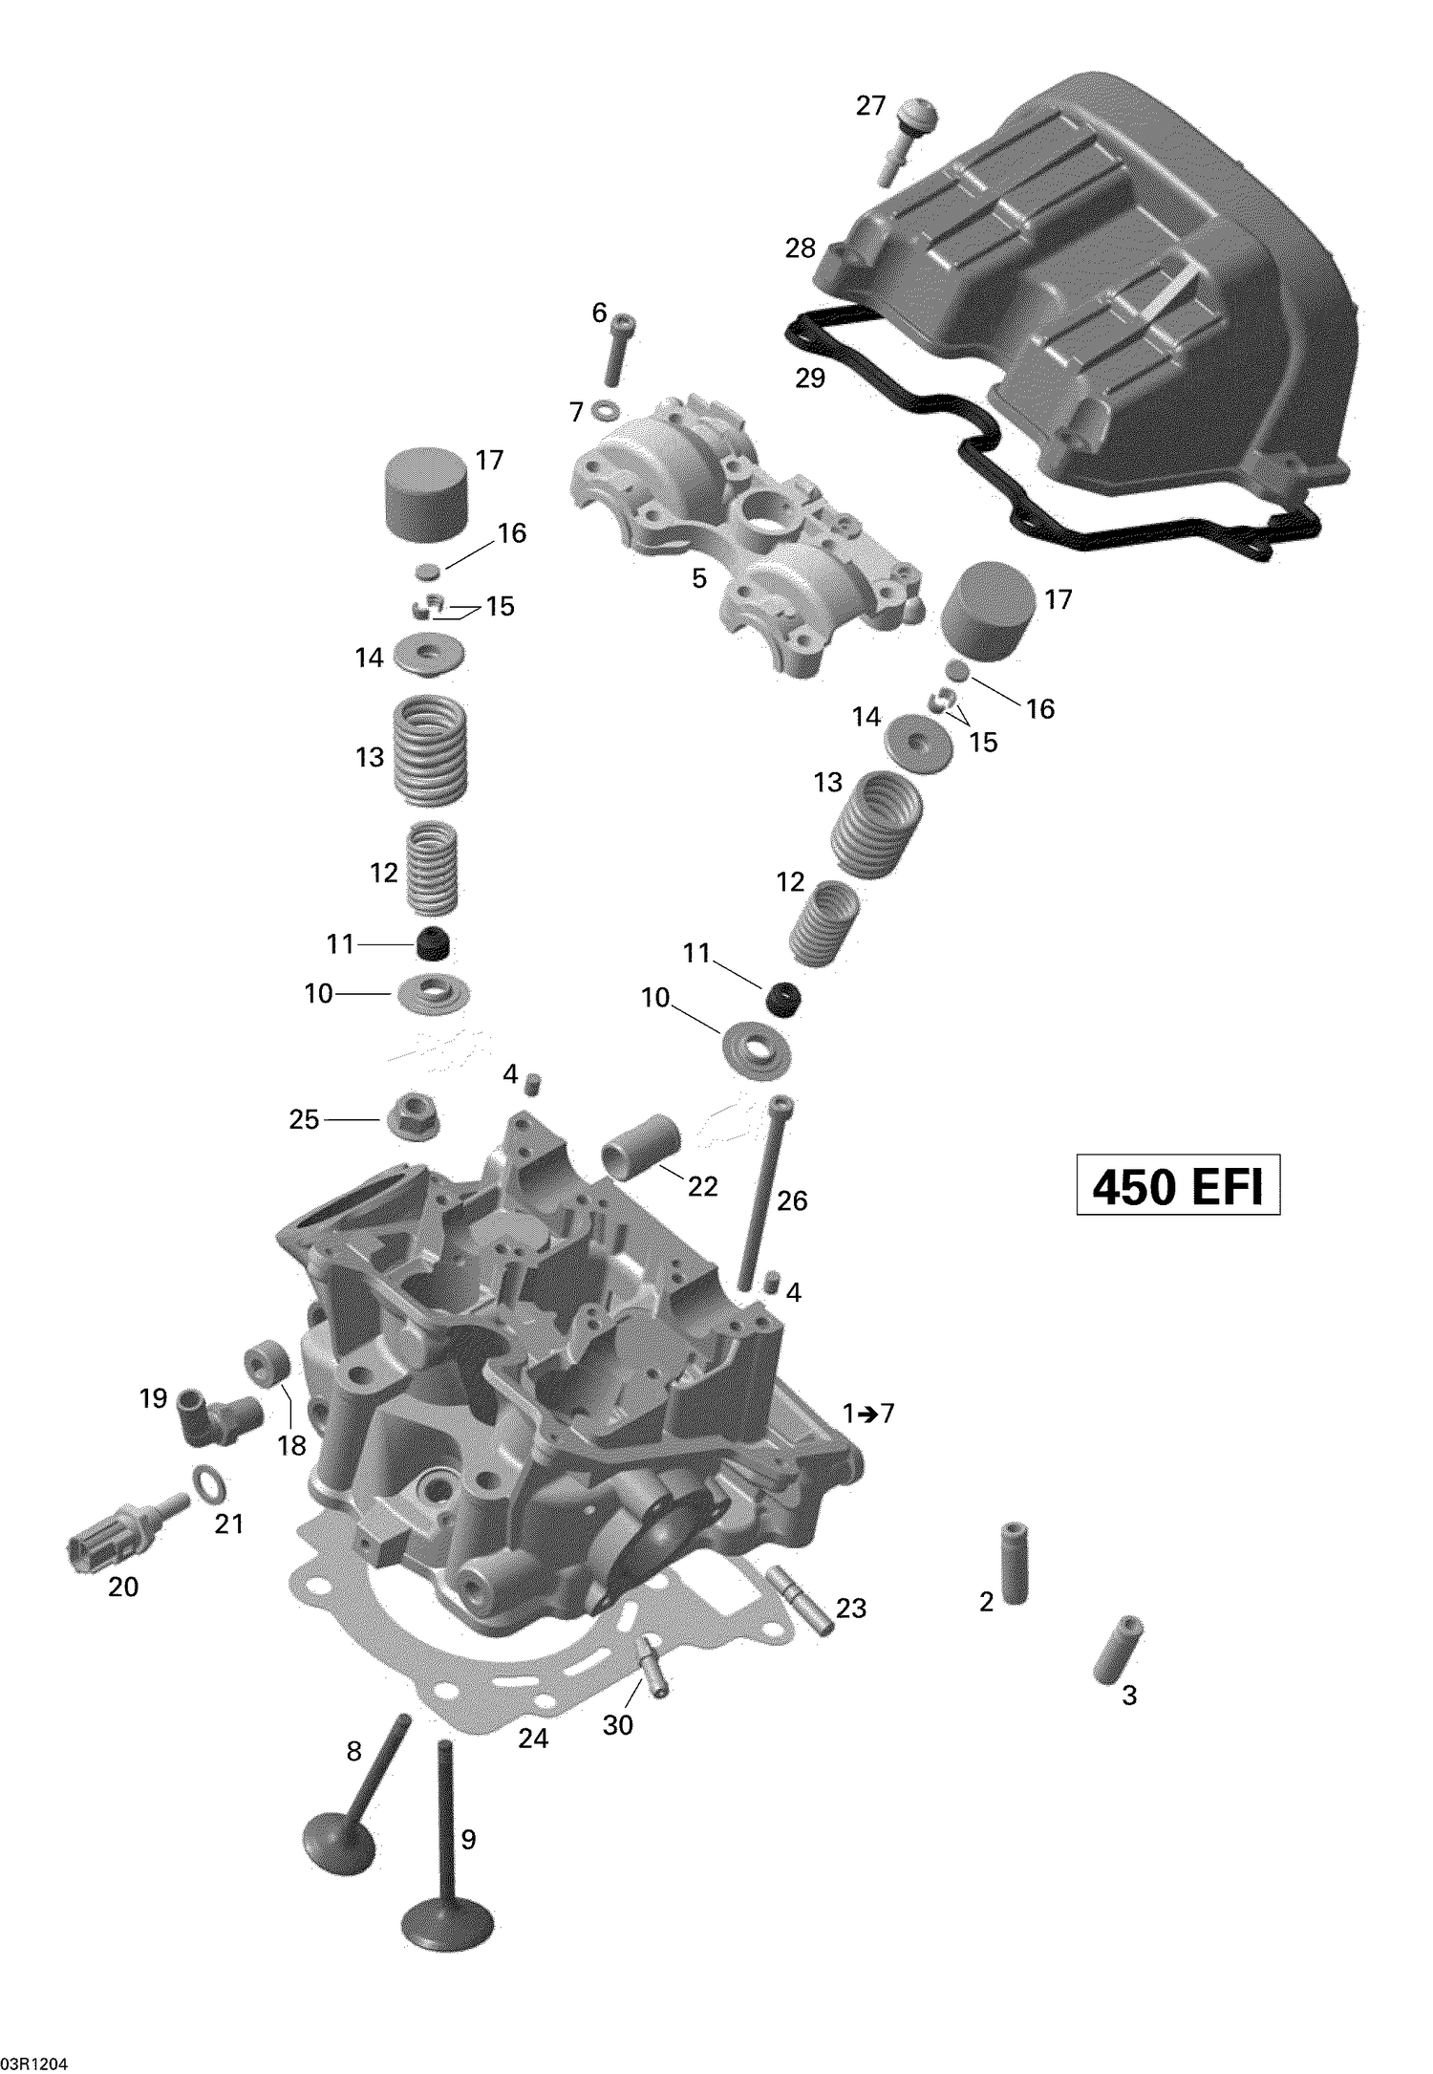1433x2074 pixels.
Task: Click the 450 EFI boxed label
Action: pyautogui.click(x=1177, y=1186)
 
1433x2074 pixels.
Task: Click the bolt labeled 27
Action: pyautogui.click(x=908, y=139)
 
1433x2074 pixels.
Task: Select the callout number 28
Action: pyautogui.click(x=800, y=248)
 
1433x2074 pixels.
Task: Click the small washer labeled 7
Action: pyautogui.click(x=604, y=411)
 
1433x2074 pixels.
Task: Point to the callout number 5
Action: pyautogui.click(x=698, y=578)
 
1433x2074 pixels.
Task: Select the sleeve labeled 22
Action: pyautogui.click(x=641, y=1142)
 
